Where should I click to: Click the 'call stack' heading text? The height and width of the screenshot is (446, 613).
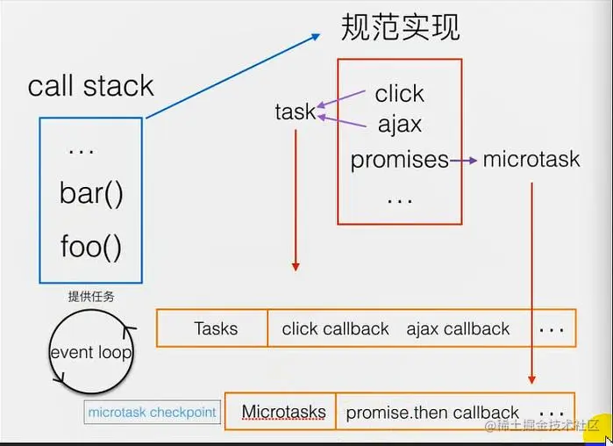(90, 86)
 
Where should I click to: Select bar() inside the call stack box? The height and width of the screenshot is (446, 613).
(91, 193)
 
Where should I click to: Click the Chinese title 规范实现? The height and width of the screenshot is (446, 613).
(400, 27)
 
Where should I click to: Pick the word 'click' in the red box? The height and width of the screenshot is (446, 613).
(399, 93)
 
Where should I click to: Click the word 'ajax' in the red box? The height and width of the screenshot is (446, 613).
(399, 124)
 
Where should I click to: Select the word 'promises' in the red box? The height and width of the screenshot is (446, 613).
(399, 160)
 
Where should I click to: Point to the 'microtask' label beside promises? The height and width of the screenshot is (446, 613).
(531, 159)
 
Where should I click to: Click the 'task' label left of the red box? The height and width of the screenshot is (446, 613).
(295, 111)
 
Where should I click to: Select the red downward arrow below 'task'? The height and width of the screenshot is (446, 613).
(296, 202)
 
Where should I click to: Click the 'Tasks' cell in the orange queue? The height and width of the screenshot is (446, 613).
(215, 328)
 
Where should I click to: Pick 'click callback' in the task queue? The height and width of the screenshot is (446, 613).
(335, 328)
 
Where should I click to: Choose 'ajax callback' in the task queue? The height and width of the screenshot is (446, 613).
(458, 328)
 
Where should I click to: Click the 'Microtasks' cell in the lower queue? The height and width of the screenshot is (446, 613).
(283, 411)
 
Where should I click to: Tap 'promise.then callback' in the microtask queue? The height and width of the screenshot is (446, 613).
(432, 412)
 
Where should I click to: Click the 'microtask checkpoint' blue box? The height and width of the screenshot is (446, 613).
(152, 412)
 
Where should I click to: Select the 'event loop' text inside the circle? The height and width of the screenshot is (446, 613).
(90, 353)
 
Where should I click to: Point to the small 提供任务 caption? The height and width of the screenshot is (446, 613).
(91, 296)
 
